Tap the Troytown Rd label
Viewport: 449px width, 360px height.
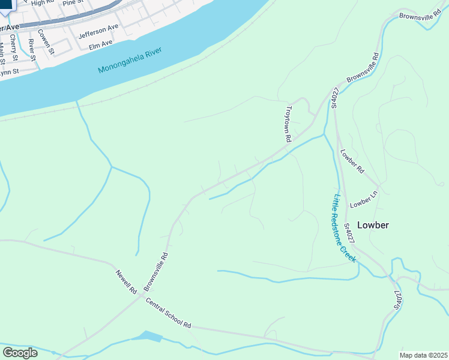(x=288, y=124)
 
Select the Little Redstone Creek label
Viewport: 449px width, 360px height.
(x=345, y=229)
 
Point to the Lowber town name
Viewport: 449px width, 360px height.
(x=373, y=225)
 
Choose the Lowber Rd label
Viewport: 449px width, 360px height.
(x=352, y=161)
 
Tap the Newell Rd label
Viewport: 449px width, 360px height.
(x=127, y=281)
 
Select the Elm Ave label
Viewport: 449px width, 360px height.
(x=100, y=44)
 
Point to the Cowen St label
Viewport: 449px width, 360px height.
(x=46, y=42)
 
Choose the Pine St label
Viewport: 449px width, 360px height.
(x=72, y=3)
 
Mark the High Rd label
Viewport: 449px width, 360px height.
(x=42, y=3)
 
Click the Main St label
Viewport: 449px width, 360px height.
(x=2, y=52)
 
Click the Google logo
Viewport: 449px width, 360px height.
(x=20, y=352)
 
